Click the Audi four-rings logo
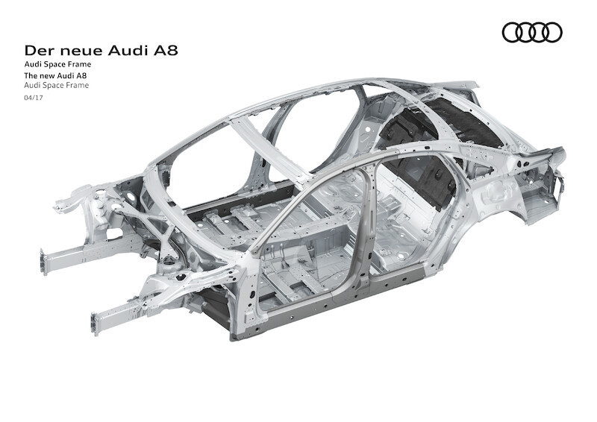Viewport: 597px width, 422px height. point(532,32)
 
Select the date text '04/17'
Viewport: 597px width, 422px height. point(34,98)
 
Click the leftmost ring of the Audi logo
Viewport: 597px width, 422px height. point(512,32)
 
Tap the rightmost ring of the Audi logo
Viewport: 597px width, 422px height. point(552,32)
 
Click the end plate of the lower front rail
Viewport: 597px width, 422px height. point(95,324)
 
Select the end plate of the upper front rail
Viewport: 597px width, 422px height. point(45,262)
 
